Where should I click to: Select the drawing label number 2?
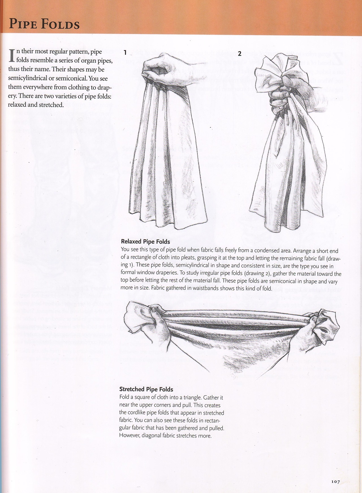pyautogui.click(x=240, y=53)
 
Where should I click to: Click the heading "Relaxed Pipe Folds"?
pyautogui.click(x=145, y=241)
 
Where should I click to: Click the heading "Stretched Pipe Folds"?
pyautogui.click(x=146, y=389)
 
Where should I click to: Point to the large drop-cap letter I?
pyautogui.click(x=12, y=55)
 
